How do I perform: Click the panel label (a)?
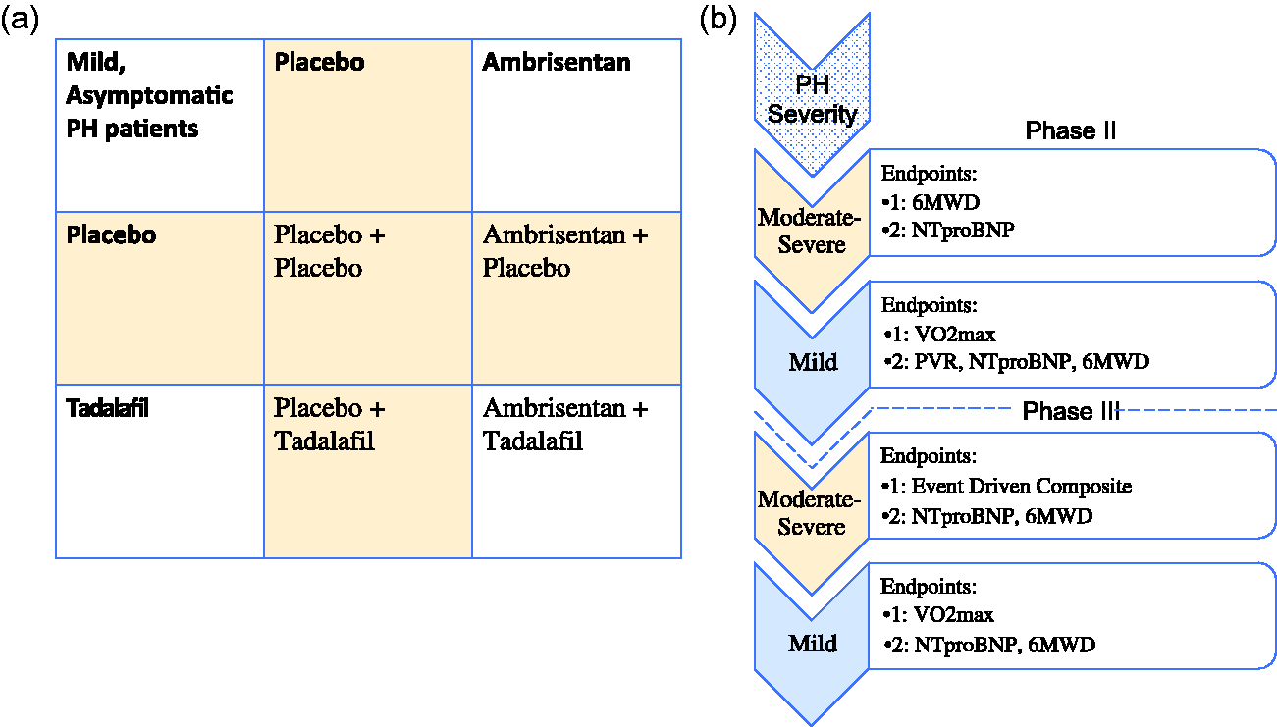[x=20, y=20]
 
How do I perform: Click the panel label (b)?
[x=718, y=20]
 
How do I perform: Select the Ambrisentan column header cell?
[x=576, y=126]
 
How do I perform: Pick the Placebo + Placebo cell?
[x=368, y=298]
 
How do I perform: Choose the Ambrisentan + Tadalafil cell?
[x=576, y=471]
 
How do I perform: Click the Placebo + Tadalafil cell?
[x=368, y=471]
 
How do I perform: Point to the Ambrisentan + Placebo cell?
[x=576, y=298]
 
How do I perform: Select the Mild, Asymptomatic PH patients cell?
[x=160, y=126]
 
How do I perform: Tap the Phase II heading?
[x=1070, y=130]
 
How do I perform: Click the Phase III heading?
[x=1071, y=411]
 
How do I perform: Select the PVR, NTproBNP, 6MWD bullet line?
[x=1017, y=361]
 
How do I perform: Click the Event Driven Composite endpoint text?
[x=1021, y=486]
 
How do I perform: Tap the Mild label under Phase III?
[x=813, y=644]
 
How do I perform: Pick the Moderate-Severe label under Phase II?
[x=810, y=231]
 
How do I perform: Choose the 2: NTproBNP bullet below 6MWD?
[x=948, y=230]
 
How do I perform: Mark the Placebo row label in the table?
[x=111, y=234]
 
